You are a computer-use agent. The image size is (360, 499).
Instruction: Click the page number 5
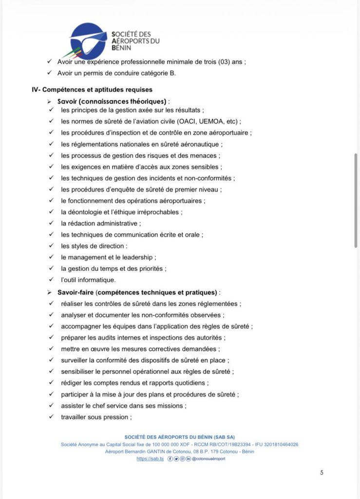click(322, 472)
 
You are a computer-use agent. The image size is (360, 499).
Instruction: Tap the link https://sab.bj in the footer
click(150, 459)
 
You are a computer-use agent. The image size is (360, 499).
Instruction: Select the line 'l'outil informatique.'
click(88, 280)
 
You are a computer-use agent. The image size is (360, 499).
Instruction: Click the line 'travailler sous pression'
click(96, 417)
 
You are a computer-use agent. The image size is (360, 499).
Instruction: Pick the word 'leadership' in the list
click(139, 257)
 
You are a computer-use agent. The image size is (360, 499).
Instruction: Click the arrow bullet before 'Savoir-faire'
click(49, 292)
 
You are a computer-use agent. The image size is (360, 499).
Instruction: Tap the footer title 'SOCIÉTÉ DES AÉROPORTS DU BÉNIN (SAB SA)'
click(180, 437)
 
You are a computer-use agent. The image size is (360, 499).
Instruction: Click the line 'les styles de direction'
click(94, 246)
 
